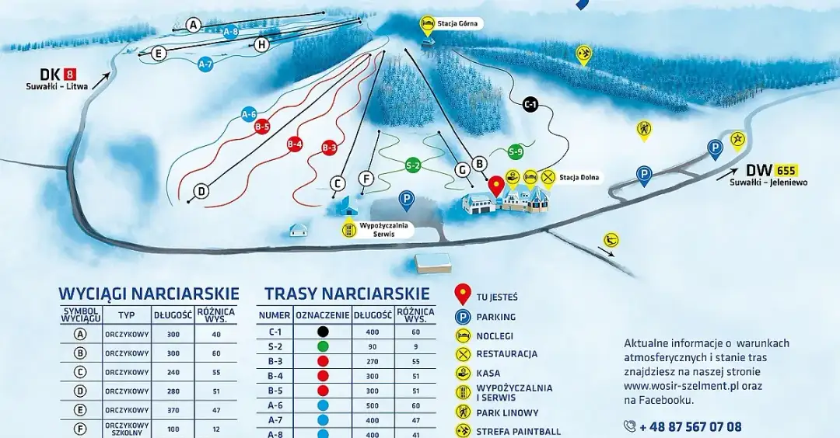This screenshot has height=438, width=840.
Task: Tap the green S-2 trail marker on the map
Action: (413, 165)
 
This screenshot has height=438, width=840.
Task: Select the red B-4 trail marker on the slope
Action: (294, 144)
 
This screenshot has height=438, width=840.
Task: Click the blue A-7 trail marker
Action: (205, 65)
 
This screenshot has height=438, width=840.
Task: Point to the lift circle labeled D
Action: (201, 191)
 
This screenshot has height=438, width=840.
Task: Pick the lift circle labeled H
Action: (262, 45)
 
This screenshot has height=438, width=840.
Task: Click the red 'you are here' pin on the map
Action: (495, 186)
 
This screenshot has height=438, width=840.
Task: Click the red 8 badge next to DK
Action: (68, 75)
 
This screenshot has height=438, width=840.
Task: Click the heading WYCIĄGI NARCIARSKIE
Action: (149, 294)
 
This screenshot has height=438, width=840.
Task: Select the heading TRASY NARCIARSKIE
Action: (347, 294)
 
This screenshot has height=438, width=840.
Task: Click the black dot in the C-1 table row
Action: (323, 332)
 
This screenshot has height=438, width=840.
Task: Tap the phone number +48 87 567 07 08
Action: (690, 426)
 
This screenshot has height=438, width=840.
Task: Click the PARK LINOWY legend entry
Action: (507, 412)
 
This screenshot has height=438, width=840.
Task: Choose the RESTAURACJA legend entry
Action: (506, 354)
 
